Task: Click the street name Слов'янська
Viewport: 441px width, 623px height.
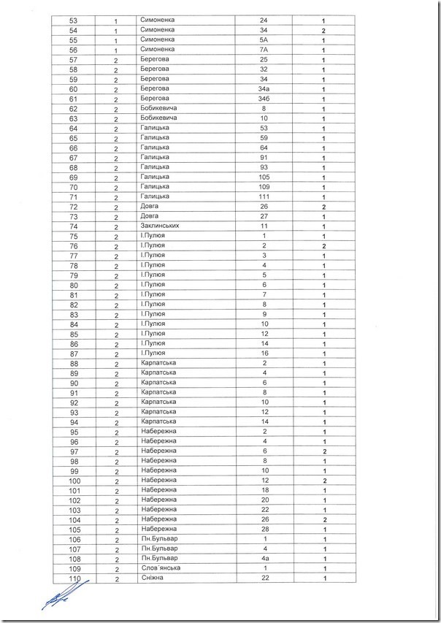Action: pos(161,568)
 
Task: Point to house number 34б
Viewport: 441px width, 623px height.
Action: pos(264,99)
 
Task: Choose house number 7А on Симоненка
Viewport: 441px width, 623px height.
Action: pos(264,50)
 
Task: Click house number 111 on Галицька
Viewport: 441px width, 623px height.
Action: pos(264,197)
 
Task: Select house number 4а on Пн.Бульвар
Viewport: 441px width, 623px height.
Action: pos(264,558)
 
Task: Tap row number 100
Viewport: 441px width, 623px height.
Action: pos(73,480)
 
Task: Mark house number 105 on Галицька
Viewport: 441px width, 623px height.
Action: pos(264,177)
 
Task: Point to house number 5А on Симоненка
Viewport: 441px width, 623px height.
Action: pos(264,39)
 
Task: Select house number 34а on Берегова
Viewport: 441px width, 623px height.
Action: pos(264,89)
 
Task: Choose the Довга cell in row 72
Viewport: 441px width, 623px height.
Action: pos(150,207)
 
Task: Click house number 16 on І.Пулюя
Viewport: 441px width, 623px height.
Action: pos(264,353)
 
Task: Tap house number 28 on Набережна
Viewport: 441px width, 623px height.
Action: pos(264,529)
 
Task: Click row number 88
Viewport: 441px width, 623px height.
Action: pos(73,363)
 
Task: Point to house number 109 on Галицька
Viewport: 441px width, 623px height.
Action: pos(264,187)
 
